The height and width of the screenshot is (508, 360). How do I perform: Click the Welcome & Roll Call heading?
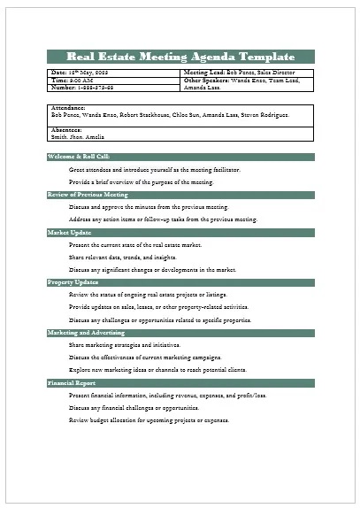click(x=80, y=157)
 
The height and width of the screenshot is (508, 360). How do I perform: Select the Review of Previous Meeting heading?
click(x=88, y=194)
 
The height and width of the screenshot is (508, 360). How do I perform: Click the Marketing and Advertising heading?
click(x=88, y=332)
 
